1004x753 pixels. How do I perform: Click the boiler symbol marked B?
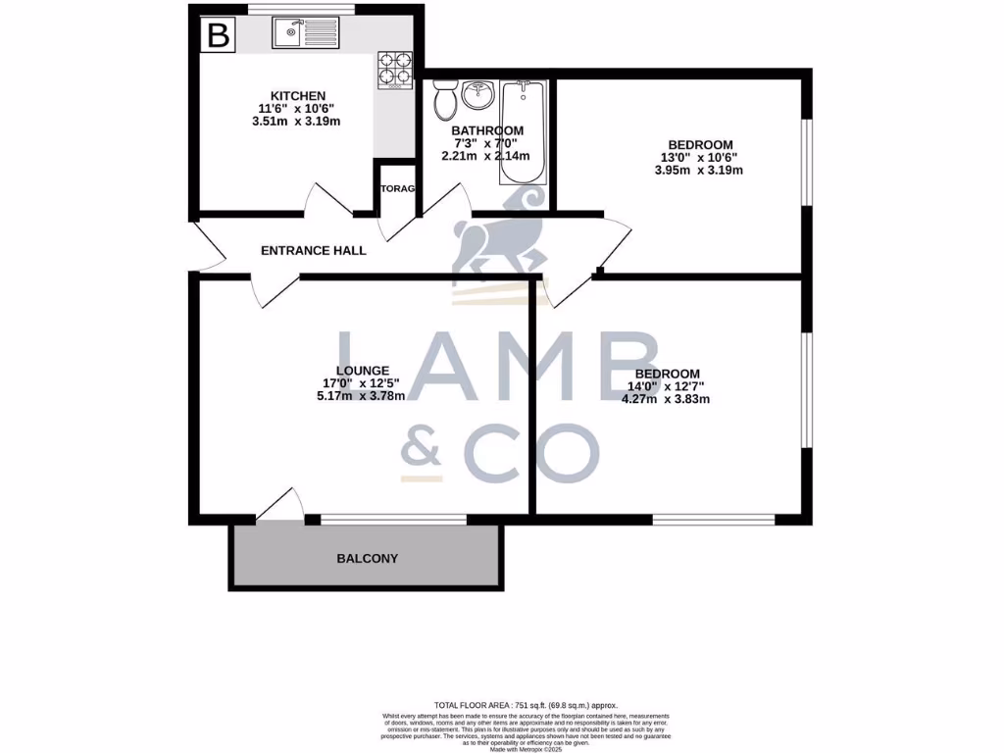coord(219,36)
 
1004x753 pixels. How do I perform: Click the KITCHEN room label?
coord(291,95)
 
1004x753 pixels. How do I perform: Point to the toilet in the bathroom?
coord(442,98)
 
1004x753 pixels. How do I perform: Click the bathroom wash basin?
coord(477,97)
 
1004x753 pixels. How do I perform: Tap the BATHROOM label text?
coord(486,130)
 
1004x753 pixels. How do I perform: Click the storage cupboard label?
coord(398,188)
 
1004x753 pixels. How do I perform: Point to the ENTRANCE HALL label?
coord(313,251)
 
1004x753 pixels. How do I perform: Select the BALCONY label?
coord(367,559)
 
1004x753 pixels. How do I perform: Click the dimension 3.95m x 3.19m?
coord(698,170)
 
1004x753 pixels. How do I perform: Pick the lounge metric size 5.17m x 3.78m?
coord(361,396)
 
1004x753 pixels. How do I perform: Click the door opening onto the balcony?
coord(280,504)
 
